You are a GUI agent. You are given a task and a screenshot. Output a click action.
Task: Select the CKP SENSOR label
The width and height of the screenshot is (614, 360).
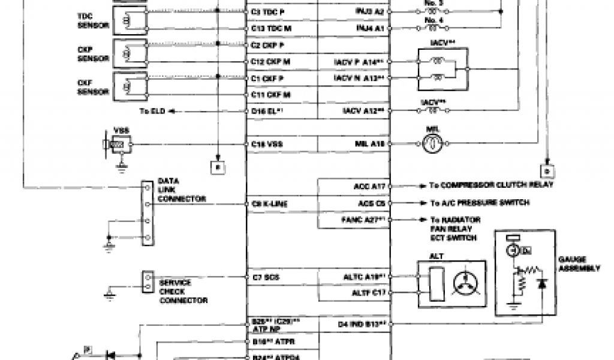pyautogui.click(x=94, y=54)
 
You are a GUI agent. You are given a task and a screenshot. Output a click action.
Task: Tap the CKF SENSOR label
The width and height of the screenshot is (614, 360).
pyautogui.click(x=93, y=88)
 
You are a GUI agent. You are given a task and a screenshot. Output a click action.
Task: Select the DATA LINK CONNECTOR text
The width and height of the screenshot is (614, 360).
pyautogui.click(x=182, y=190)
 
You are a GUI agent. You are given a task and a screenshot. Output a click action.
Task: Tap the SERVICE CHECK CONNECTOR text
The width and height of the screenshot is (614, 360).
pyautogui.click(x=183, y=291)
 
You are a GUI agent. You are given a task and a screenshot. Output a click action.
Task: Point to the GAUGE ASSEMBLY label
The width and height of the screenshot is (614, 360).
pyautogui.click(x=579, y=265)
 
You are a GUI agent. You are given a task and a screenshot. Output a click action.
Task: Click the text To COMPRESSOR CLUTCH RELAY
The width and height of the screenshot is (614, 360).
pyautogui.click(x=491, y=185)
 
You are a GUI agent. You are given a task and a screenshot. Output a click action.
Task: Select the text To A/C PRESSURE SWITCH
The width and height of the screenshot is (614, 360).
pyautogui.click(x=480, y=203)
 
